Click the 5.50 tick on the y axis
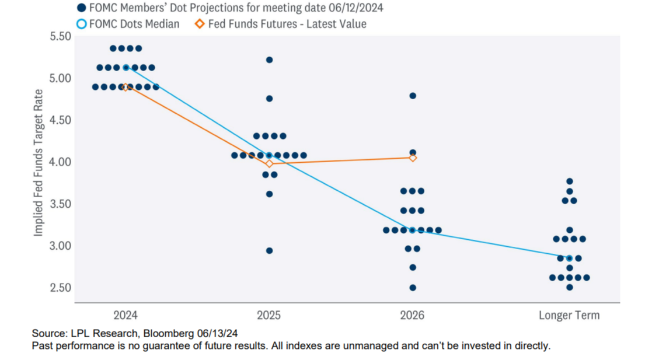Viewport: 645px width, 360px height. (x=60, y=36)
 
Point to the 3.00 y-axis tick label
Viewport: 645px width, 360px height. (x=60, y=246)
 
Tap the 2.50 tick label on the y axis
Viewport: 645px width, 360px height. (x=60, y=288)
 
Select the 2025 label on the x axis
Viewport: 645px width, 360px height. (x=269, y=316)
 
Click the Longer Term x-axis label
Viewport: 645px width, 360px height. (x=569, y=316)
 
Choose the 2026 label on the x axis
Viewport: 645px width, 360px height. (x=412, y=316)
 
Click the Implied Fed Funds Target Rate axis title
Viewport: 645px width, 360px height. (x=39, y=162)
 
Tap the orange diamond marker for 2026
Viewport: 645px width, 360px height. (x=413, y=158)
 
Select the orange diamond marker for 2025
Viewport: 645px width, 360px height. (x=269, y=163)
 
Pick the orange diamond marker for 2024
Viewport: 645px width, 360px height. (x=125, y=88)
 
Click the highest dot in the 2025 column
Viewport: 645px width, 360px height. (x=269, y=60)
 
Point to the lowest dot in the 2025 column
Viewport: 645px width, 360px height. (x=269, y=251)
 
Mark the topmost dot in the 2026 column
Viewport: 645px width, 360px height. (x=413, y=96)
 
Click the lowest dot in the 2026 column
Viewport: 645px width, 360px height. (x=413, y=288)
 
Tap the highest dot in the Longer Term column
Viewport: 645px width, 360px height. (x=570, y=181)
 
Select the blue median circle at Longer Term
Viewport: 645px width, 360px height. (x=570, y=258)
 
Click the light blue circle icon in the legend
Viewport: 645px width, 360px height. (x=81, y=24)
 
